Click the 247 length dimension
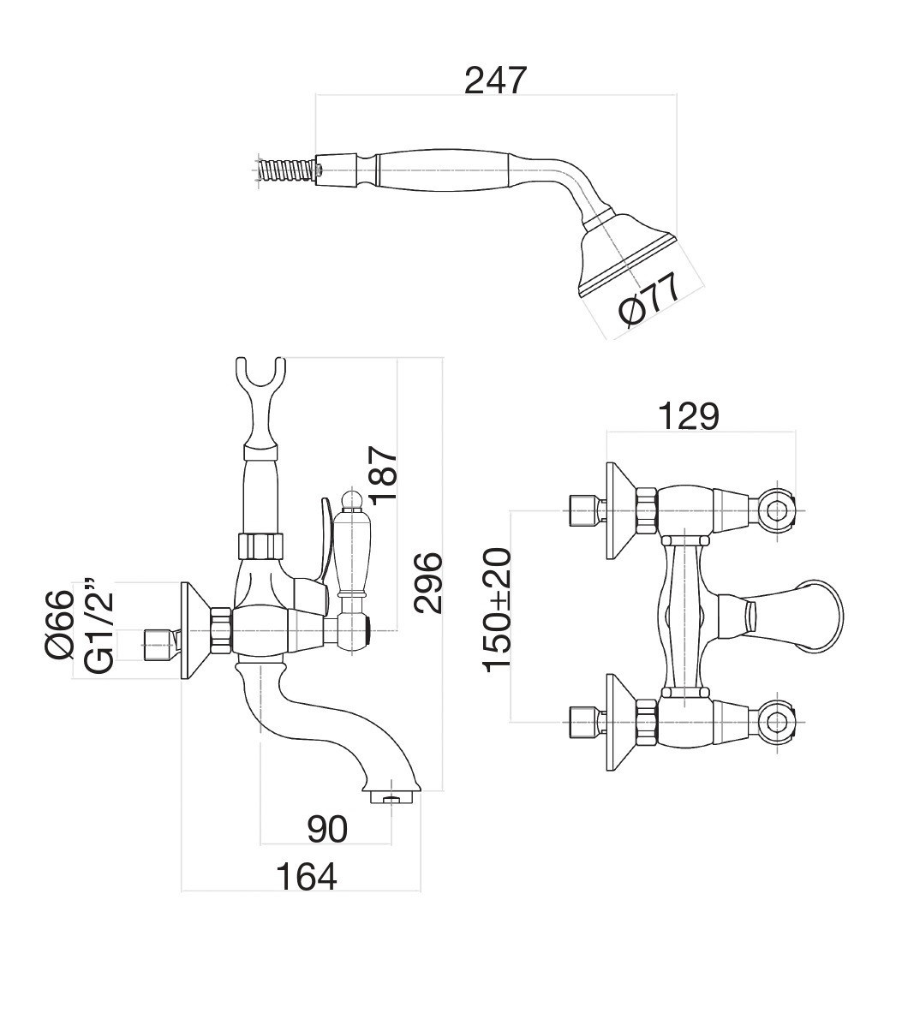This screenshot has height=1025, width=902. pos(494,80)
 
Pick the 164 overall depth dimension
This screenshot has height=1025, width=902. pos(306,876)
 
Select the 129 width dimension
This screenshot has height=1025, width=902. pos(688,417)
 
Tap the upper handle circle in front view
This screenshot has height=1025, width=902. pos(777,512)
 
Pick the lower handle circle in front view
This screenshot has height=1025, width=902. pos(777,721)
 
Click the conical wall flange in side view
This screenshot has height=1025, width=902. pos(194,632)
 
